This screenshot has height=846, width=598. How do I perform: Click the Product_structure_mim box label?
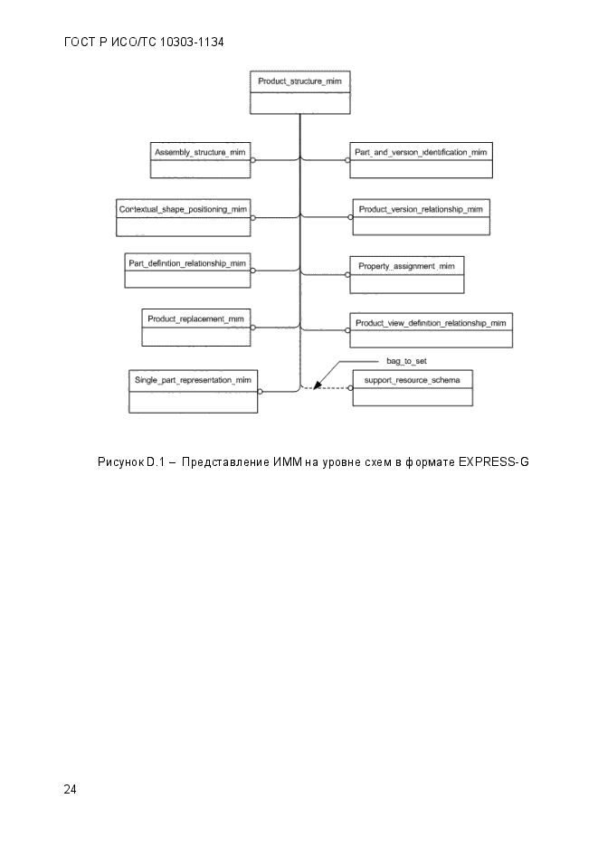(x=299, y=81)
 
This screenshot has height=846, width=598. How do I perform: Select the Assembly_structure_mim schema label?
(x=200, y=152)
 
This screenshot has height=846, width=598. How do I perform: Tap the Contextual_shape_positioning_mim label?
(x=183, y=209)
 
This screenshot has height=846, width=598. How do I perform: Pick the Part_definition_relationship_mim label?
(x=187, y=263)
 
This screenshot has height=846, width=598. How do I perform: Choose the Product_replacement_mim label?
(x=195, y=318)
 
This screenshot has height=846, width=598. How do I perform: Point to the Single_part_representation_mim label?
(x=193, y=380)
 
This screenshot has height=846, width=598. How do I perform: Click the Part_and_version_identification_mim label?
(x=421, y=152)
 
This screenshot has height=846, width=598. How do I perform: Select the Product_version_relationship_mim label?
(x=421, y=209)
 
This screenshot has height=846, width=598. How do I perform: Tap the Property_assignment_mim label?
(x=406, y=266)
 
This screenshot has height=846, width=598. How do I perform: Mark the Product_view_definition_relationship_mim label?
(x=431, y=323)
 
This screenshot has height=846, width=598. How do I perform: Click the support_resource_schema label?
(x=412, y=380)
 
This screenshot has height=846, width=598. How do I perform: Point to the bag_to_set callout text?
(x=406, y=361)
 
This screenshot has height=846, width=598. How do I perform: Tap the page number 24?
(x=70, y=789)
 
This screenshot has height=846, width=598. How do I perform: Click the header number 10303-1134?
(x=192, y=43)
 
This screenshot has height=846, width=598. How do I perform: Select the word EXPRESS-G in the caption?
(x=493, y=461)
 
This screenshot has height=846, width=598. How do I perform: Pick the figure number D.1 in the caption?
(x=155, y=461)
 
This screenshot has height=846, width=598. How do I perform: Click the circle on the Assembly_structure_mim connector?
(x=253, y=160)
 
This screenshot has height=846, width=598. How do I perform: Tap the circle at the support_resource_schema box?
(x=350, y=388)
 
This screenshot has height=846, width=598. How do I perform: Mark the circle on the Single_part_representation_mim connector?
(x=260, y=391)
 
